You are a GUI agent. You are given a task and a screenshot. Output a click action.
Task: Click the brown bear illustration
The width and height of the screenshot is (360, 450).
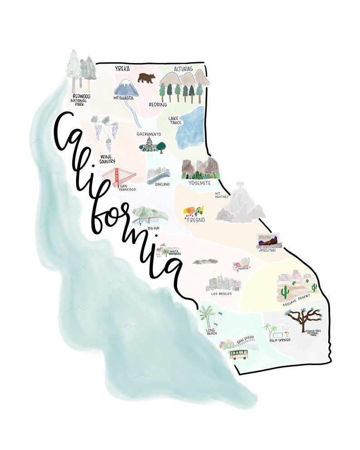146,78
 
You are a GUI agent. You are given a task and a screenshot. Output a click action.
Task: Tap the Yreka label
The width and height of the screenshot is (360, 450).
122,69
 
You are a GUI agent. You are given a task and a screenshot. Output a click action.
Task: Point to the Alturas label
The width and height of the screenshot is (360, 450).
183,69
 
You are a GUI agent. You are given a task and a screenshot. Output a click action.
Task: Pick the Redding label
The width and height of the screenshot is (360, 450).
158,104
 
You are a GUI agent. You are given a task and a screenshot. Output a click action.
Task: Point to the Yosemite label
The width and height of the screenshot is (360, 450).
199,183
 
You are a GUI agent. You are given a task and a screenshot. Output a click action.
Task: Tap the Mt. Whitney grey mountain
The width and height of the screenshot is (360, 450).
239,206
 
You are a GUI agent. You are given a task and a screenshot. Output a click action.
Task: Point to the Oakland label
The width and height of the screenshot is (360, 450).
162,184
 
